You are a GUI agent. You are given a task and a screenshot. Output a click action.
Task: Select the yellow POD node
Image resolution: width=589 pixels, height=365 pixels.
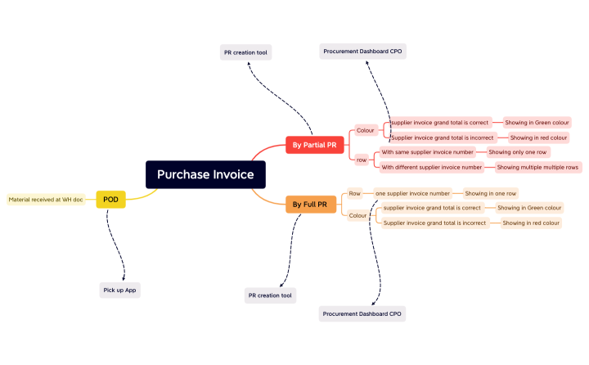[x=110, y=199]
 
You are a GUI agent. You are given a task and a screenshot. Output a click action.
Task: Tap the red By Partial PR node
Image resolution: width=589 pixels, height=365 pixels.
[x=314, y=145]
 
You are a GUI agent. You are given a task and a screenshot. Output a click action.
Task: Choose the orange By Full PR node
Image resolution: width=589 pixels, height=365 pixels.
[x=310, y=204]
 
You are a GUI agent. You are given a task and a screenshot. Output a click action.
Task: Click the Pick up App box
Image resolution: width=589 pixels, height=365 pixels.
[x=119, y=290]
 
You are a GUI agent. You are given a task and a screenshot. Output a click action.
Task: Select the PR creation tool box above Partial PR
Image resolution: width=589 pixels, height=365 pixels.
[x=245, y=52]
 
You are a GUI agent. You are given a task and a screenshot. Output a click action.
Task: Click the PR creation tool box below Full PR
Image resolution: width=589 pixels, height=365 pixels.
[x=270, y=295]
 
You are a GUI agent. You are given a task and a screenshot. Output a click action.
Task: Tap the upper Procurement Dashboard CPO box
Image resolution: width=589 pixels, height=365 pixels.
[x=362, y=52]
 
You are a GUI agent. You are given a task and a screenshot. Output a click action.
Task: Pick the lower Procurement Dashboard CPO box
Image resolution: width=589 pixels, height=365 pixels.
[x=362, y=313]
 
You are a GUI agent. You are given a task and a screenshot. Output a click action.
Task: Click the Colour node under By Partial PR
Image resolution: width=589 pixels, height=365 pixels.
[x=365, y=130]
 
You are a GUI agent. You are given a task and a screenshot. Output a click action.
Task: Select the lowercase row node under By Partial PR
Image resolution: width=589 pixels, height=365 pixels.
[x=362, y=160]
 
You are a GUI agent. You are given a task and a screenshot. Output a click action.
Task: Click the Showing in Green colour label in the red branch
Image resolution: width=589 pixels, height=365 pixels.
[x=536, y=122]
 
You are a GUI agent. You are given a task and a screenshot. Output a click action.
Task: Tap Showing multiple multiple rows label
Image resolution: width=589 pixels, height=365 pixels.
[x=538, y=167]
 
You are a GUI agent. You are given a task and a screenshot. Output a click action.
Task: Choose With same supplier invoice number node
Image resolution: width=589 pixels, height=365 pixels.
[x=427, y=152]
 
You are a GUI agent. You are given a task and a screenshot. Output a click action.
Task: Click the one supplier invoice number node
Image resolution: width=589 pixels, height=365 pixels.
[x=412, y=194]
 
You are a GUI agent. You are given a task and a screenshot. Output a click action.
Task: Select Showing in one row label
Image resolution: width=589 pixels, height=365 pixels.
[x=491, y=194]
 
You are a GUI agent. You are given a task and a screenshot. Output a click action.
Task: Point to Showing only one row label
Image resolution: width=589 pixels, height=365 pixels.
[x=518, y=152]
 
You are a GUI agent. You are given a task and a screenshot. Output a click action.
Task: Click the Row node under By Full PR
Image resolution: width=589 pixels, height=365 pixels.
[x=354, y=194]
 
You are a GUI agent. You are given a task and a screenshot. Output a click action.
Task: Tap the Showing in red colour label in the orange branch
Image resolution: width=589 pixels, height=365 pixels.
[x=531, y=223]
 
